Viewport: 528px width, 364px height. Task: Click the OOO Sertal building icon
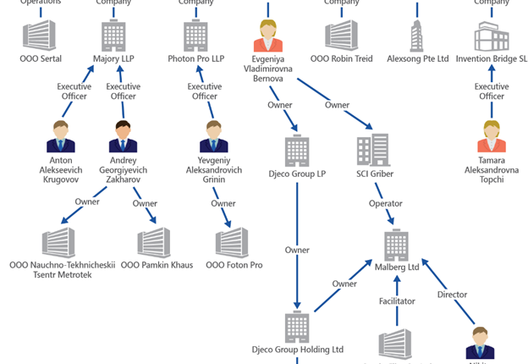coord(39,36)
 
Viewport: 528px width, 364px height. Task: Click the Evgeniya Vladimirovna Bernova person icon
coord(268,36)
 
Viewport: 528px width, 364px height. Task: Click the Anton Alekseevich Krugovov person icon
coord(61,135)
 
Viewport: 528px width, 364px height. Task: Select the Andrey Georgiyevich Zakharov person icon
coord(124,135)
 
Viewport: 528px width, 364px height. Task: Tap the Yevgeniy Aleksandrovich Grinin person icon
coord(214,135)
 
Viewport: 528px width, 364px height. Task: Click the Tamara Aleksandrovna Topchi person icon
coord(492,135)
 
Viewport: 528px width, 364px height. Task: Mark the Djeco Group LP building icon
coord(297,150)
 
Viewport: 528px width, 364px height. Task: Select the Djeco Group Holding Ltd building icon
coord(297,326)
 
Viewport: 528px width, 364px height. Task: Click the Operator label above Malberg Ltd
coord(385,204)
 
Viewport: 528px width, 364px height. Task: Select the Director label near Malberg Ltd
coord(452,295)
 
